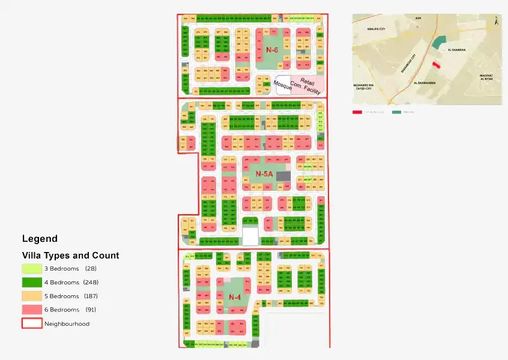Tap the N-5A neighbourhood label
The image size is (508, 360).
(264, 174)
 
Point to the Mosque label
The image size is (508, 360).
(282, 86)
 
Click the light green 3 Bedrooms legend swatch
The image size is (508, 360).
(32, 268)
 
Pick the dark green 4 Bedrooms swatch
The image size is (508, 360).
(32, 282)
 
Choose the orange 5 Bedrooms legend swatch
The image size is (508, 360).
(32, 296)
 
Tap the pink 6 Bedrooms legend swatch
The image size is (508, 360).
(32, 310)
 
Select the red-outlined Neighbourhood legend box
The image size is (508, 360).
(32, 323)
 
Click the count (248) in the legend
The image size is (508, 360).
(91, 282)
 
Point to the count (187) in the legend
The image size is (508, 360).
(91, 296)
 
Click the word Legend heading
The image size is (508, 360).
(40, 238)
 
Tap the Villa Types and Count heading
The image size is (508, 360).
(70, 255)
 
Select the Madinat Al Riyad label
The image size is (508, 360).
(486, 77)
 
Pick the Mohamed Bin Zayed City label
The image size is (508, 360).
(368, 88)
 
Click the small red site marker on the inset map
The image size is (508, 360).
(436, 64)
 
